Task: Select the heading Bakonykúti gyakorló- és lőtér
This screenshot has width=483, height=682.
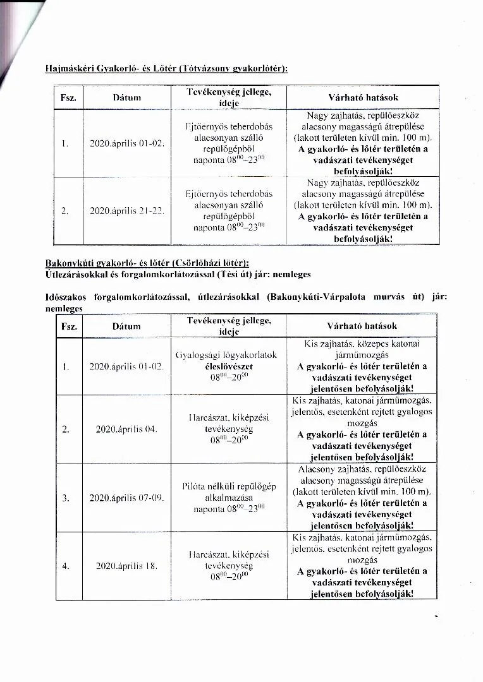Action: pos(147,262)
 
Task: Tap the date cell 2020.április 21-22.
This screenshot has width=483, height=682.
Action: pos(127,211)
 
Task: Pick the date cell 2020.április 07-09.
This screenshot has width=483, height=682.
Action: pos(126,498)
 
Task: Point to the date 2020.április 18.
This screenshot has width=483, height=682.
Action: pos(126,566)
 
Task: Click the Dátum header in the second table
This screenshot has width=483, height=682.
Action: pos(126,326)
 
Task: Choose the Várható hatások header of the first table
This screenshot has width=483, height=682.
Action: pos(362,98)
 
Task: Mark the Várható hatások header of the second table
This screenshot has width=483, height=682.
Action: pos(362,326)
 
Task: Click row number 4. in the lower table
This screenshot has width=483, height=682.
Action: pos(66,566)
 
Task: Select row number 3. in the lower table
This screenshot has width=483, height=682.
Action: pos(66,498)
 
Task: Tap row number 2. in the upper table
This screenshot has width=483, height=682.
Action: pos(66,211)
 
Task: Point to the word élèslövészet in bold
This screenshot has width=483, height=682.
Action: pos(229,366)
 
